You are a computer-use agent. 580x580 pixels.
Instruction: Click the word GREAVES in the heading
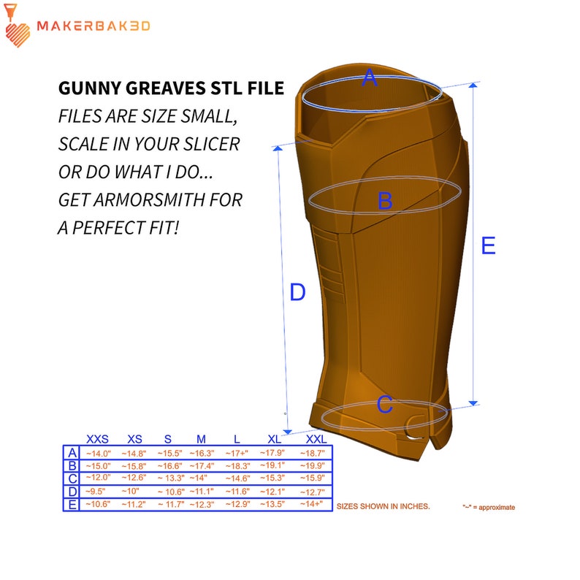click(165, 88)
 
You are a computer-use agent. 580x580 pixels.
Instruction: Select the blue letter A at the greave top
click(370, 77)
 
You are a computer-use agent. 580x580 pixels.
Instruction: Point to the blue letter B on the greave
click(385, 201)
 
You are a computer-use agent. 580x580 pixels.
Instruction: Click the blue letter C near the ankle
click(385, 404)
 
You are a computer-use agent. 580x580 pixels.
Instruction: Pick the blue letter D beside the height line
click(297, 292)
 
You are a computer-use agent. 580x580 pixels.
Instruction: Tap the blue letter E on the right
click(488, 245)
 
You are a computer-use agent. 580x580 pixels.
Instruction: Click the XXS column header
click(97, 439)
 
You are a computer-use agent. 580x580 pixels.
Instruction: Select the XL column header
click(274, 439)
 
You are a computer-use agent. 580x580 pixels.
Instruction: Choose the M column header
click(201, 439)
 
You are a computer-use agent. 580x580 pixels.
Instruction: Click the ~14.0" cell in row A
click(98, 454)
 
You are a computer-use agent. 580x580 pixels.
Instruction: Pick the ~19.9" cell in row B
click(312, 465)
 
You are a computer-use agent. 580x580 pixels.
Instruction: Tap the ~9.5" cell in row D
click(95, 491)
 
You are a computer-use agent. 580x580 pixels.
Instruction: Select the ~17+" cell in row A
click(237, 454)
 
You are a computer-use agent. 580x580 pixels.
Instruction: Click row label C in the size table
click(72, 478)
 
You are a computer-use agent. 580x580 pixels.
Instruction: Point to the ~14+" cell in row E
click(311, 504)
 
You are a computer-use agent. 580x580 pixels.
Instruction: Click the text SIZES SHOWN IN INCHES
click(384, 506)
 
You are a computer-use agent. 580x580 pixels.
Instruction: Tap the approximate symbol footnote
click(489, 507)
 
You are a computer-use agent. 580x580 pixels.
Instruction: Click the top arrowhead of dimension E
click(473, 85)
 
